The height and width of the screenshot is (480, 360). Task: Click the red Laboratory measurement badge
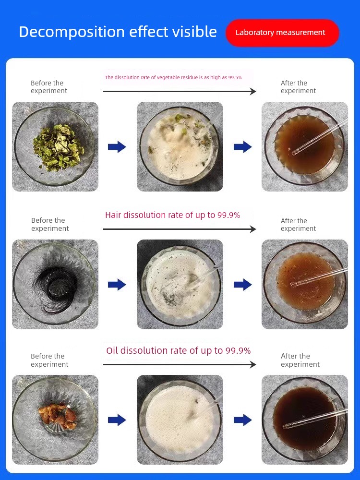[x=282, y=33]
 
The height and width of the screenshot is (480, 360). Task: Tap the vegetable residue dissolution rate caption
[x=173, y=77]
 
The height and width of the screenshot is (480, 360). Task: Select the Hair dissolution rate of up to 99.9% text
[x=172, y=215]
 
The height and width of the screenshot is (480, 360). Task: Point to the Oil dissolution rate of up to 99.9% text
[x=178, y=350]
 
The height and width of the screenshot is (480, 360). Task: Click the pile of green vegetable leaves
[x=58, y=147]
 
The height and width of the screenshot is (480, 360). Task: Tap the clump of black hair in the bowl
[x=55, y=285]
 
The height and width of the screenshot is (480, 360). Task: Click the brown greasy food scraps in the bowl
[x=58, y=416]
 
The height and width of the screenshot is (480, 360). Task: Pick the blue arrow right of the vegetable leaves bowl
[x=117, y=147]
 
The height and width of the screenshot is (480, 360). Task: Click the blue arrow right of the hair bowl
[x=117, y=285]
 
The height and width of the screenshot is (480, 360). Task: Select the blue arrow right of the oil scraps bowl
[x=117, y=420]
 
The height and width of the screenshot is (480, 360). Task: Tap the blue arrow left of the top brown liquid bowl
[x=243, y=147]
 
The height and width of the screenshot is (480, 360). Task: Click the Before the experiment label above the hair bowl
[x=50, y=224]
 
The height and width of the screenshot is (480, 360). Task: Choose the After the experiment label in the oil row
[x=300, y=360]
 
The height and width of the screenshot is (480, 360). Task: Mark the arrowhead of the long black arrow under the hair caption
[x=253, y=229]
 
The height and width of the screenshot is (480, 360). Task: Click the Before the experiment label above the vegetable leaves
[x=48, y=87]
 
